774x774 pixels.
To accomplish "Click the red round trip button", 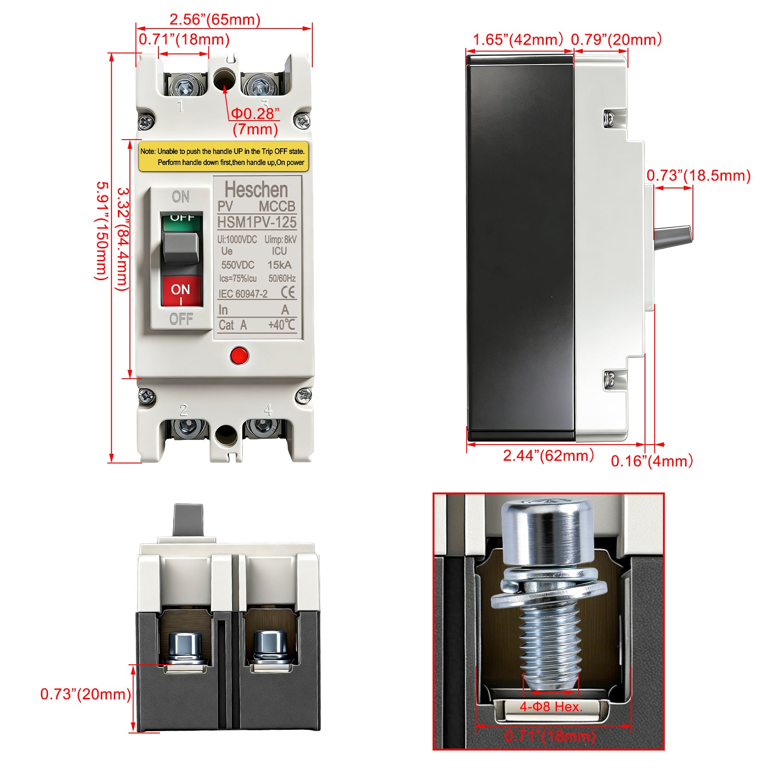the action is (x=239, y=355).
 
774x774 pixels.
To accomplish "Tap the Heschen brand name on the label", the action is (x=256, y=189).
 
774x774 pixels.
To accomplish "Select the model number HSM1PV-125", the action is (x=257, y=222).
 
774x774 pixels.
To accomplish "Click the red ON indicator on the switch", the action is (x=181, y=291).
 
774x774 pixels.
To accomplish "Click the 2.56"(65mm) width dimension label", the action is (x=215, y=19).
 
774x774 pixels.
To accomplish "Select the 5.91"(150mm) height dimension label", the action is (x=102, y=230).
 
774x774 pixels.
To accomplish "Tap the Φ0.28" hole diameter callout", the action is (x=255, y=113).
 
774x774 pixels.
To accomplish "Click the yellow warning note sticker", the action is (x=223, y=157).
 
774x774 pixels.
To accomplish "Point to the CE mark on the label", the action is (x=288, y=293).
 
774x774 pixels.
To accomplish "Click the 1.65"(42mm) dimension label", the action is (x=518, y=39).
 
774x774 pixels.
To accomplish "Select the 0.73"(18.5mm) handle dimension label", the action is (x=698, y=175).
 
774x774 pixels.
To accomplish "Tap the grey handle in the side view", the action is (x=673, y=237).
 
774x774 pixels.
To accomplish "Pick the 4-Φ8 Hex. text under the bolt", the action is (x=551, y=706).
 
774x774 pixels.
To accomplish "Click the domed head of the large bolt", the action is (x=547, y=532).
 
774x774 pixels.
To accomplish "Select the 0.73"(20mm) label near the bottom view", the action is (x=86, y=694).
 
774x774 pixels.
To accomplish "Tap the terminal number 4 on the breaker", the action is (x=268, y=410).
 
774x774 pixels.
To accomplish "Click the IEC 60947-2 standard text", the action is (x=243, y=294).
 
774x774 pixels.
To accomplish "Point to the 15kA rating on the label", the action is (x=280, y=265).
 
